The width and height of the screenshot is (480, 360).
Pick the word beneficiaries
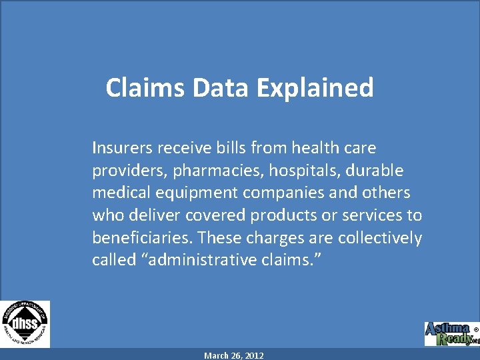(x=142, y=238)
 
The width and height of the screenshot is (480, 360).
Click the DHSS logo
(x=25, y=324)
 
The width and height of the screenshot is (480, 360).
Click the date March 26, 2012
(x=234, y=355)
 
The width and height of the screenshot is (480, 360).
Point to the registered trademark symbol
(x=475, y=329)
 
